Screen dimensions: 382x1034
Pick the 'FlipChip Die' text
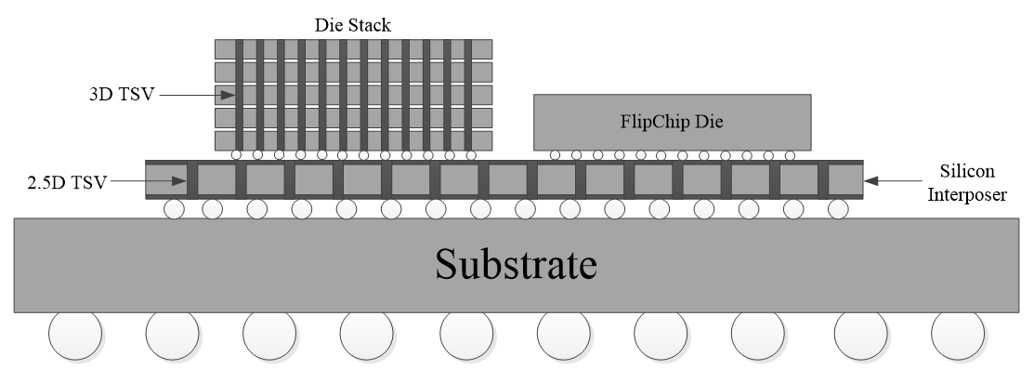click(x=671, y=122)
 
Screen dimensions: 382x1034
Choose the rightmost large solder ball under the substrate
click(x=957, y=335)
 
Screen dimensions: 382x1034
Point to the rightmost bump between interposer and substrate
click(x=838, y=209)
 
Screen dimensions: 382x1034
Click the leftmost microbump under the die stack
click(x=238, y=154)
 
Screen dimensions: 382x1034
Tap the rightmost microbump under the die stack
click(x=471, y=154)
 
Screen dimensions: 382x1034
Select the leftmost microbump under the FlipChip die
click(x=556, y=154)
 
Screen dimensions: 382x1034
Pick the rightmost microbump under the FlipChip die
click(x=789, y=154)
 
